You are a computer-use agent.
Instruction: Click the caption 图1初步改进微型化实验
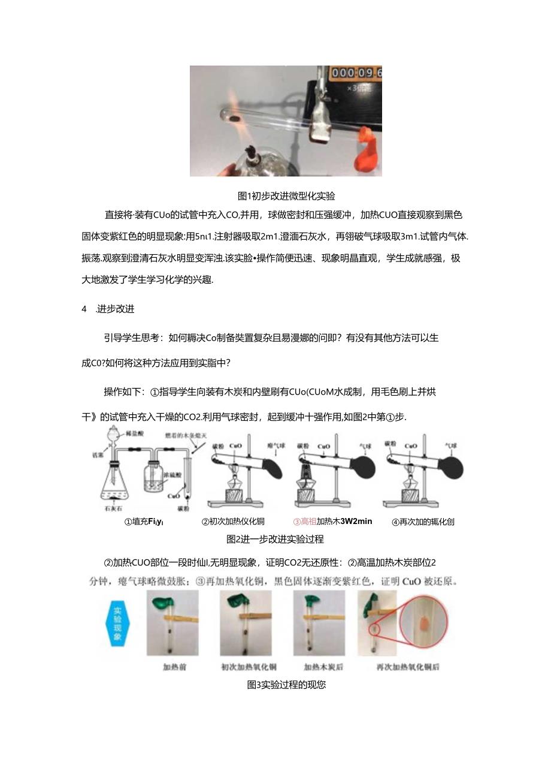(x=286, y=196)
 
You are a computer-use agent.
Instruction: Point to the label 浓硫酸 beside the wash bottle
(x=158, y=465)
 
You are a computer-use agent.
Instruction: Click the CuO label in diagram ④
(x=411, y=446)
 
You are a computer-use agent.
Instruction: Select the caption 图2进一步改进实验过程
(x=275, y=539)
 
